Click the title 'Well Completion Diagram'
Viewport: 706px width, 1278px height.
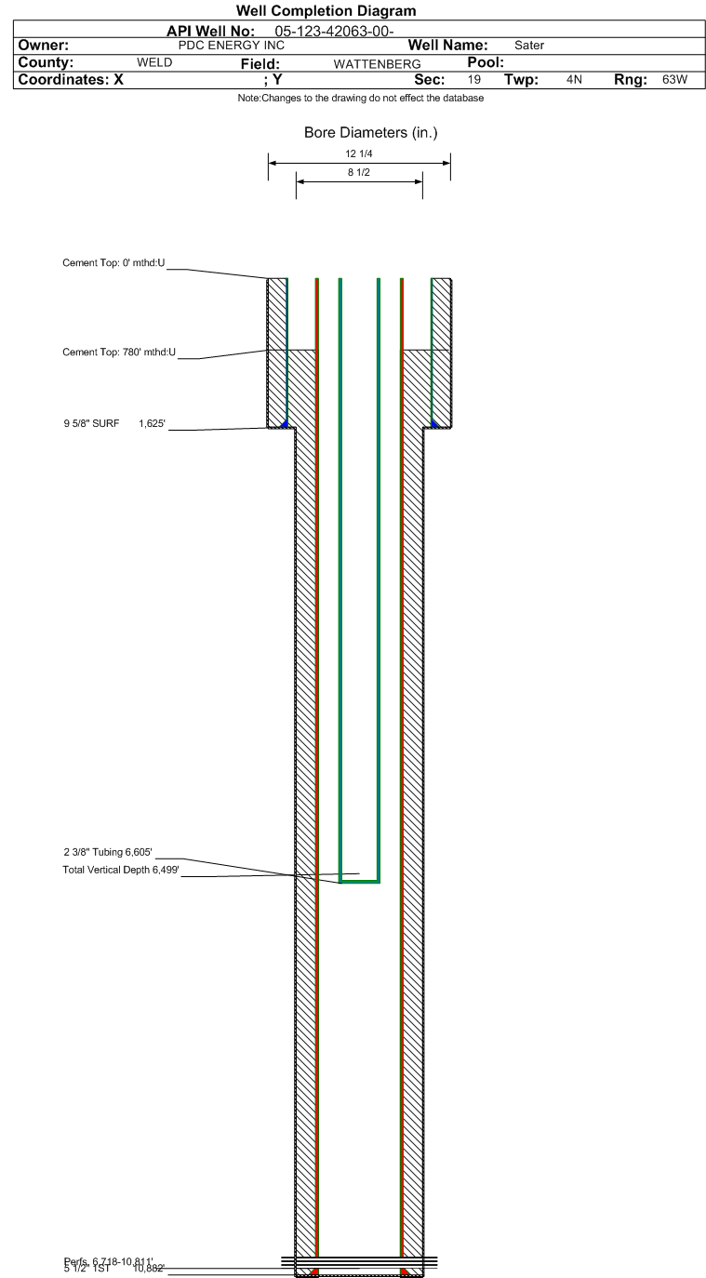click(326, 11)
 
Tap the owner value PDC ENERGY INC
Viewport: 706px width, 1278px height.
click(231, 45)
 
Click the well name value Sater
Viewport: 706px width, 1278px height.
click(529, 45)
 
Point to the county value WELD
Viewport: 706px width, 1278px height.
click(154, 62)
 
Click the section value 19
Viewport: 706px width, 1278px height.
click(474, 80)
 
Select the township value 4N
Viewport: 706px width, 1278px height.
click(574, 80)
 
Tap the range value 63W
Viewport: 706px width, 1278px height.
click(674, 80)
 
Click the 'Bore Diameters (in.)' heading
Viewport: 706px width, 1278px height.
click(370, 133)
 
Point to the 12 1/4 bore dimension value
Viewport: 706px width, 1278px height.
click(358, 153)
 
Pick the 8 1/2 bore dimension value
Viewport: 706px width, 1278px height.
click(358, 172)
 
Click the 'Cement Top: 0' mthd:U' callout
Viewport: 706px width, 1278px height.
click(113, 264)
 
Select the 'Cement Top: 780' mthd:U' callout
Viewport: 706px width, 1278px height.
click(119, 353)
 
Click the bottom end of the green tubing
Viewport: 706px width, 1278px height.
click(359, 880)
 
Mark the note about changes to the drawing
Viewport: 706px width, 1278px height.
click(361, 99)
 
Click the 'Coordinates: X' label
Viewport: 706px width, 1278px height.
click(71, 80)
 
